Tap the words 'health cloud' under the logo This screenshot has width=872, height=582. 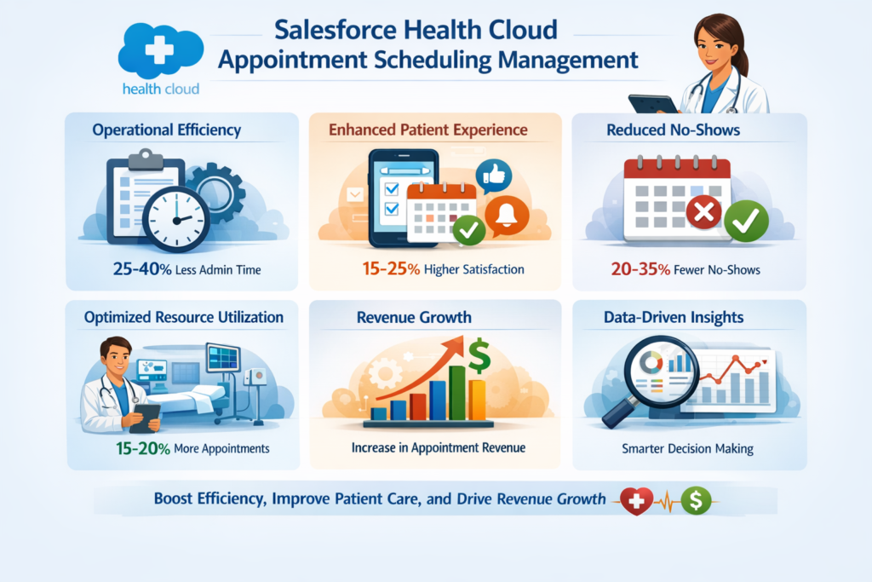tap(161, 89)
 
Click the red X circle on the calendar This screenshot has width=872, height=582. tap(703, 212)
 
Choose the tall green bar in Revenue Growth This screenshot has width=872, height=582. tap(458, 393)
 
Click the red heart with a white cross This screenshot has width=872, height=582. tap(636, 500)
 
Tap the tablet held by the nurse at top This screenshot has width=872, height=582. tap(652, 103)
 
